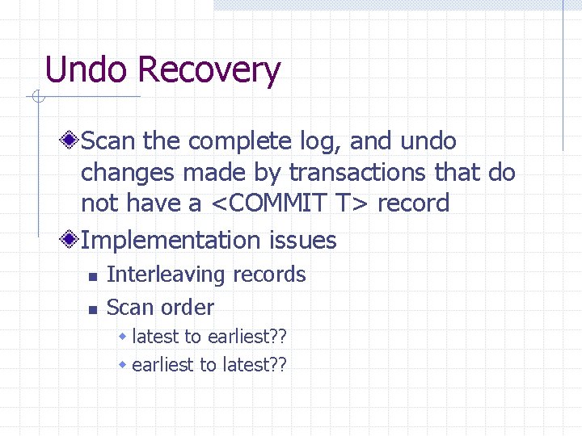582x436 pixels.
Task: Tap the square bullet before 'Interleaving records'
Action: pyautogui.click(x=92, y=277)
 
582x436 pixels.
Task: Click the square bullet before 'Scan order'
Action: pyautogui.click(x=92, y=309)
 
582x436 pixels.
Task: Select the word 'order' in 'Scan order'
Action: pyautogui.click(x=190, y=308)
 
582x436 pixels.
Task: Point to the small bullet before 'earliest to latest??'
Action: pyautogui.click(x=123, y=365)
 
